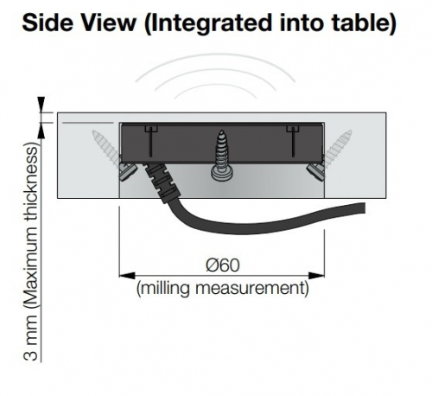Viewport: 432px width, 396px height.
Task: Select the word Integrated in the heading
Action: tap(210, 23)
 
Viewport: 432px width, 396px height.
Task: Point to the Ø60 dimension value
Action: tap(223, 265)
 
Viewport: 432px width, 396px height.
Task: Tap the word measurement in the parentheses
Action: tap(250, 289)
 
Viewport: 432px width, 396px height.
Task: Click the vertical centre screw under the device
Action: tap(221, 156)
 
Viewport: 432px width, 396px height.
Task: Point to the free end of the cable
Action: tap(365, 208)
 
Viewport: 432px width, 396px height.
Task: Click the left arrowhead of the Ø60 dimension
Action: tap(127, 276)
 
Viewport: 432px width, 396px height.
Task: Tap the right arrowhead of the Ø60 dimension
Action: tap(316, 276)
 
